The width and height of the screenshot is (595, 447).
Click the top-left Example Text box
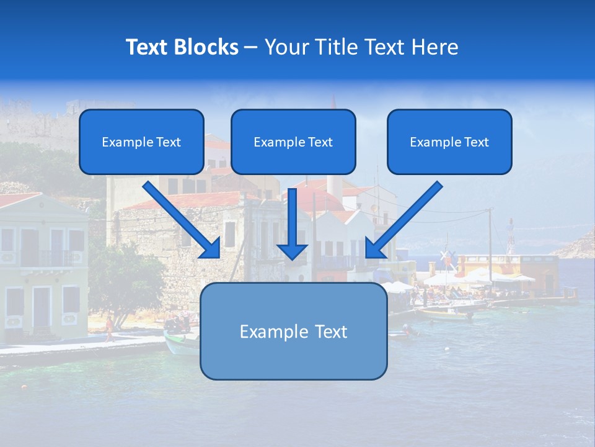click(x=141, y=142)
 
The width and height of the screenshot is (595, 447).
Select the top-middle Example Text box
click(x=293, y=142)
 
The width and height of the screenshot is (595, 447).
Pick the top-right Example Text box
click(x=449, y=142)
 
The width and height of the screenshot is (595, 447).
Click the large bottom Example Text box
click(x=293, y=332)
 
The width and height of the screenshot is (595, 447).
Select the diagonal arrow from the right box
click(x=406, y=217)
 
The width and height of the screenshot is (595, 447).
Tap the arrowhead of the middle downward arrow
click(x=292, y=251)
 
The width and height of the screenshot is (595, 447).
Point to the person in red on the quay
click(x=110, y=327)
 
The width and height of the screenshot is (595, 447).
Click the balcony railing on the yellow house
click(x=46, y=258)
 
